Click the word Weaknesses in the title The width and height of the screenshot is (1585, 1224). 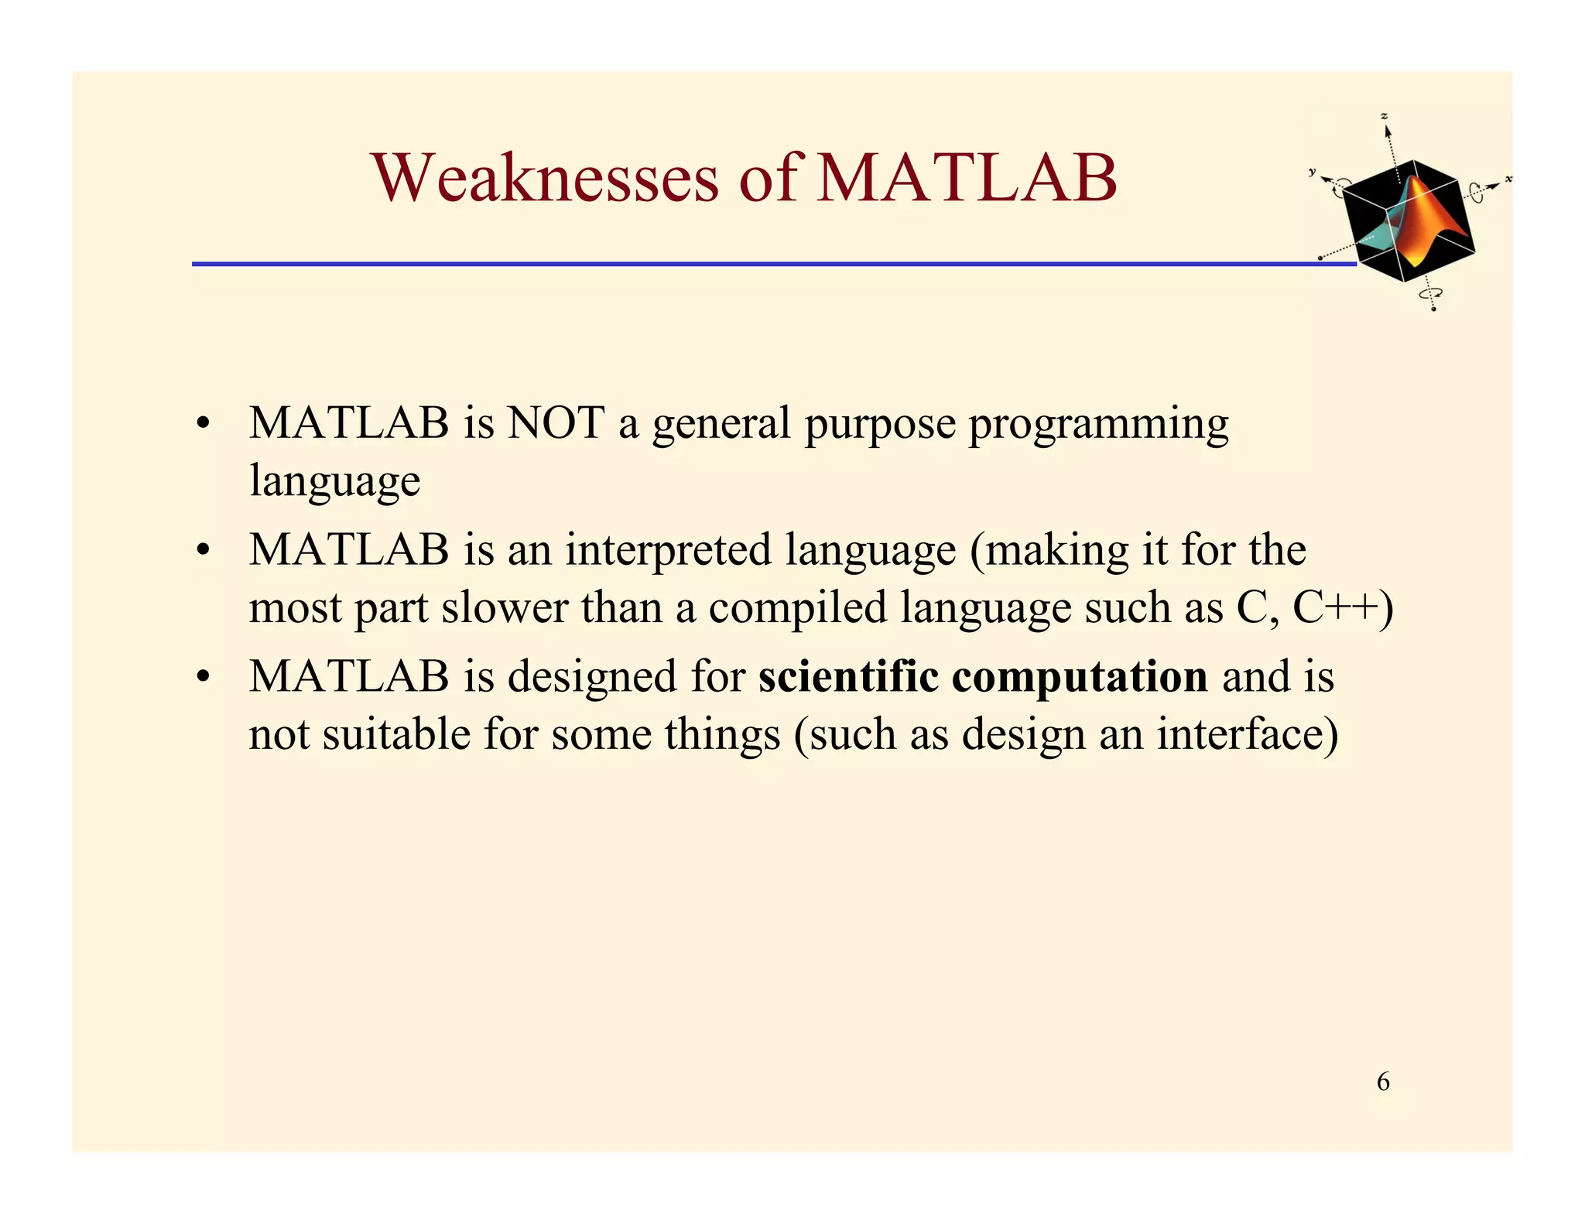[x=545, y=178]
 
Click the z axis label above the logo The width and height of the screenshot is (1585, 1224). [x=1385, y=117]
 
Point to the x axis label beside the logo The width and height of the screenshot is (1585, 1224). [x=1508, y=179]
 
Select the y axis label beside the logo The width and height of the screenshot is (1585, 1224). [x=1313, y=172]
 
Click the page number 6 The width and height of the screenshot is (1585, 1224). [x=1383, y=1081]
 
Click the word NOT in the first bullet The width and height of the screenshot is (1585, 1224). [x=556, y=423]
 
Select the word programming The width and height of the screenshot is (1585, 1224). [x=1098, y=425]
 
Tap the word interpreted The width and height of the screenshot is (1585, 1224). [x=668, y=550]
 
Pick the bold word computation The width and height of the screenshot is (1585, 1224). [x=1080, y=678]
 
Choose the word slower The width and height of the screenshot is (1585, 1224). [x=505, y=607]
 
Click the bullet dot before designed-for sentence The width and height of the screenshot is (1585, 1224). [x=203, y=678]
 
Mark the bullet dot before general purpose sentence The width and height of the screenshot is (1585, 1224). [x=203, y=425]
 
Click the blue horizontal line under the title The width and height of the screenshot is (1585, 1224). [x=774, y=264]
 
